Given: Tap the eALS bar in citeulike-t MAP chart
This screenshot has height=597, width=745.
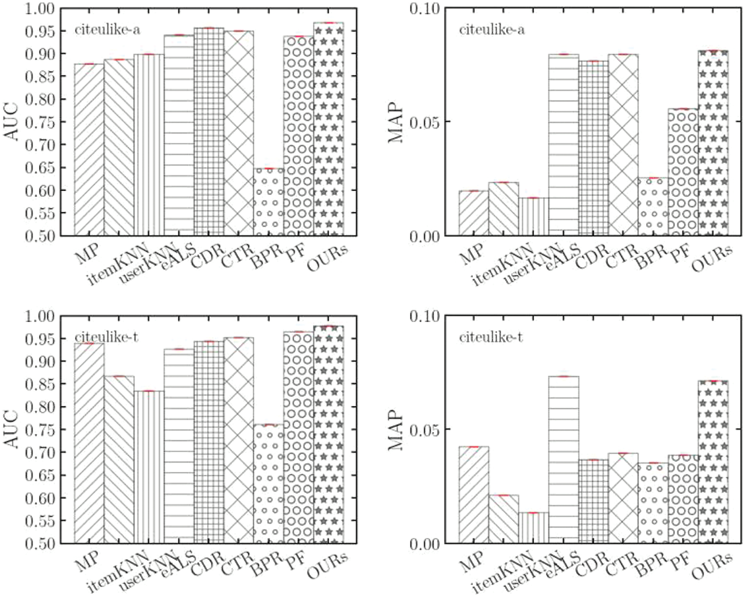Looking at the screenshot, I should pyautogui.click(x=564, y=459).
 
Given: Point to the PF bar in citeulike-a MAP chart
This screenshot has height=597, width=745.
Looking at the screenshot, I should pyautogui.click(x=683, y=172).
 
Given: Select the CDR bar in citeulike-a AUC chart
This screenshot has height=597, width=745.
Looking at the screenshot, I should pyautogui.click(x=209, y=132).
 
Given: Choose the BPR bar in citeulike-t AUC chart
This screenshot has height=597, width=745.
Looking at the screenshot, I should pyautogui.click(x=269, y=484).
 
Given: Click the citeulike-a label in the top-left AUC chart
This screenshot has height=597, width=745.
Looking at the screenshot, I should pyautogui.click(x=107, y=30).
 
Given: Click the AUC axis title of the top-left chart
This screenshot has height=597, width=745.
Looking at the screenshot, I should pyautogui.click(x=11, y=122).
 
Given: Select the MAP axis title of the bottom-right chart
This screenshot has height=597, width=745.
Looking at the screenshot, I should pyautogui.click(x=396, y=430).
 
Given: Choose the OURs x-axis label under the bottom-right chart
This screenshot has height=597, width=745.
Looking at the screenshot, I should pyautogui.click(x=712, y=565).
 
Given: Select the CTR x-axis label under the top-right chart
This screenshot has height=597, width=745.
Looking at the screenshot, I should pyautogui.click(x=621, y=257).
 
